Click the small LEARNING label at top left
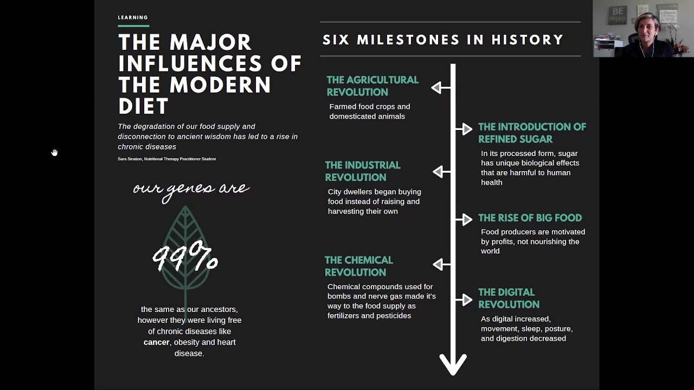click(x=133, y=17)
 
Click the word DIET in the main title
click(x=144, y=106)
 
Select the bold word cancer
click(x=156, y=342)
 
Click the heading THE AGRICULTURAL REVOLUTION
click(x=372, y=86)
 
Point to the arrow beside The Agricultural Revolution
click(x=438, y=88)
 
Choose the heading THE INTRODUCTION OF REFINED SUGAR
click(x=532, y=133)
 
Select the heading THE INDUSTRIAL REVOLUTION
click(x=363, y=171)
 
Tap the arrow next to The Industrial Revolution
click(x=439, y=172)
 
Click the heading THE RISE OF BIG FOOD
click(x=530, y=218)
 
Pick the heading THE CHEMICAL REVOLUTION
click(x=358, y=266)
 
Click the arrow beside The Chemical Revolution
click(x=439, y=264)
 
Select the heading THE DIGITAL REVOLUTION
click(x=509, y=298)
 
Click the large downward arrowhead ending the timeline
click(x=453, y=364)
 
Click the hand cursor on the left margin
click(x=54, y=153)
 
